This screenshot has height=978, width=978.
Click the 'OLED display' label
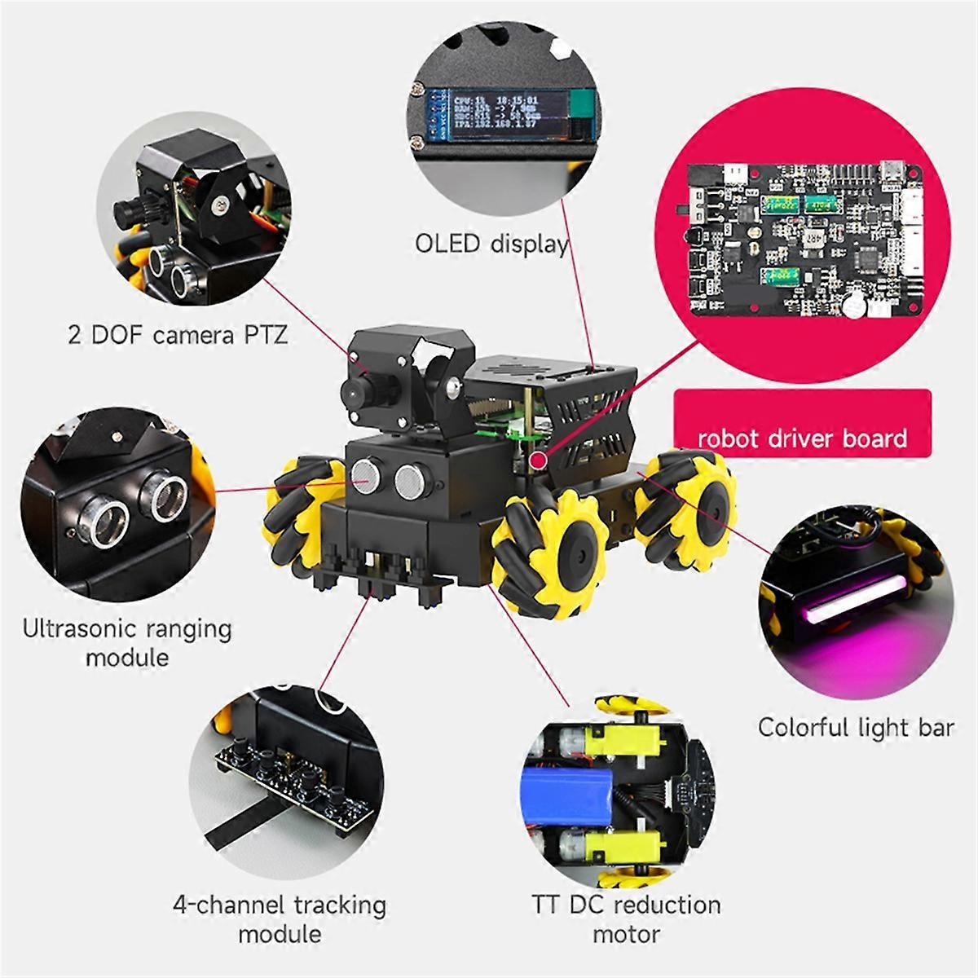[x=491, y=244]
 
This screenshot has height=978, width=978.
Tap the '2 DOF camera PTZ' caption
[x=178, y=335]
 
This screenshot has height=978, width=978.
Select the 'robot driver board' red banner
[x=802, y=438]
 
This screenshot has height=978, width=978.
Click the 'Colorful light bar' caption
[x=855, y=727]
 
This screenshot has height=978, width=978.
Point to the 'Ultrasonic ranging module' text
[x=127, y=642]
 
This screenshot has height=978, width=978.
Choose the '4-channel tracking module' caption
[x=280, y=919]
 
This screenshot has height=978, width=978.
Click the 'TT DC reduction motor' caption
[x=626, y=919]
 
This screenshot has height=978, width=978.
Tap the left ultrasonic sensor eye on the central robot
[x=367, y=476]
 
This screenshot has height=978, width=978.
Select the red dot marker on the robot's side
[x=538, y=461]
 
